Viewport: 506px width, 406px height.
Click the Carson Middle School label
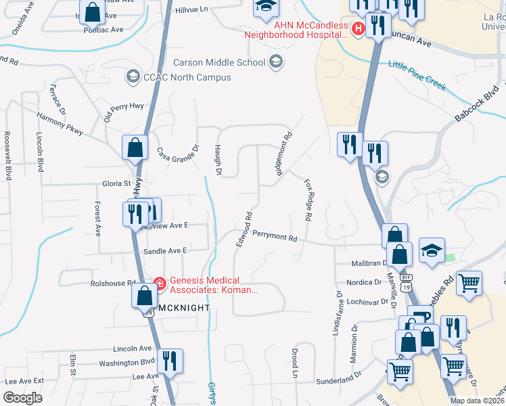tap(218, 63)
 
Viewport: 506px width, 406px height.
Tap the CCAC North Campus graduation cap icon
tap(133, 76)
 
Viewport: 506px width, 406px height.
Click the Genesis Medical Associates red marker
tap(160, 284)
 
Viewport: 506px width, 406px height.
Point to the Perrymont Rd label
tap(275, 238)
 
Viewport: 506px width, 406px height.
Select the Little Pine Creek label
tap(417, 75)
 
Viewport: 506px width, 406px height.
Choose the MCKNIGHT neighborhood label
tap(181, 307)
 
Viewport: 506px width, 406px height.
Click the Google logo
tap(22, 398)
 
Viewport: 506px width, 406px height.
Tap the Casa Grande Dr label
tap(178, 160)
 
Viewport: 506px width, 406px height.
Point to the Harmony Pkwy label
tap(60, 122)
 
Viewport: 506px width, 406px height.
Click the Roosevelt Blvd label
tap(8, 156)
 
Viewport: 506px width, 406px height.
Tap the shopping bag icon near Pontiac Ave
tap(93, 12)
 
